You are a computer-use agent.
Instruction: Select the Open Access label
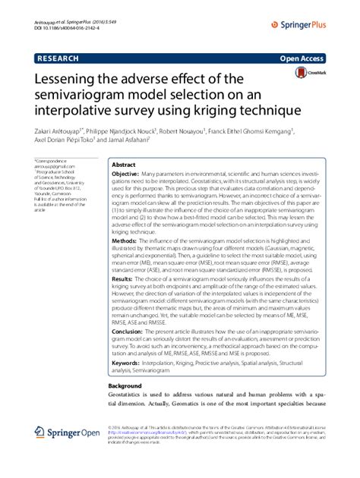click(x=304, y=56)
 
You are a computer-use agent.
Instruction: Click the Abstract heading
click(x=124, y=165)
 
